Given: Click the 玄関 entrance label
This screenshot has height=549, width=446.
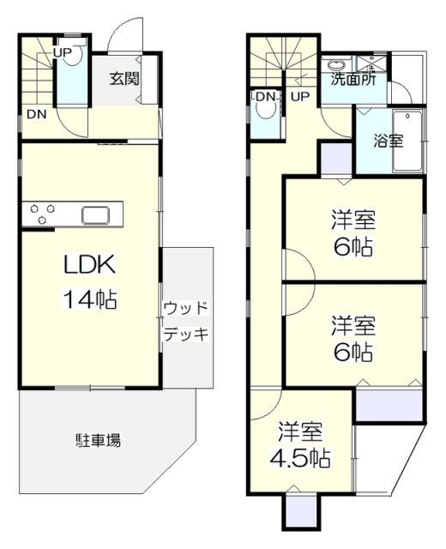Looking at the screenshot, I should pos(124,79).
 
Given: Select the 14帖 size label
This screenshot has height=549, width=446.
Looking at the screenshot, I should pos(89,299).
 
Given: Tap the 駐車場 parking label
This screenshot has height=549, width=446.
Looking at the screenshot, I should pos(98,441).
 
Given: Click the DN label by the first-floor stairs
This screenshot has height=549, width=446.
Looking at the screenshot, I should pos(35,114).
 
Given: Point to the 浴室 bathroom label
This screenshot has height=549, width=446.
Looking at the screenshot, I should pos(388,141).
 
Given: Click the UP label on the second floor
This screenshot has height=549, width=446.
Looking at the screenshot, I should pos(299,96).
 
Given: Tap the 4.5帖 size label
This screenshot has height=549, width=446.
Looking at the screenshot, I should pos(302,458).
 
